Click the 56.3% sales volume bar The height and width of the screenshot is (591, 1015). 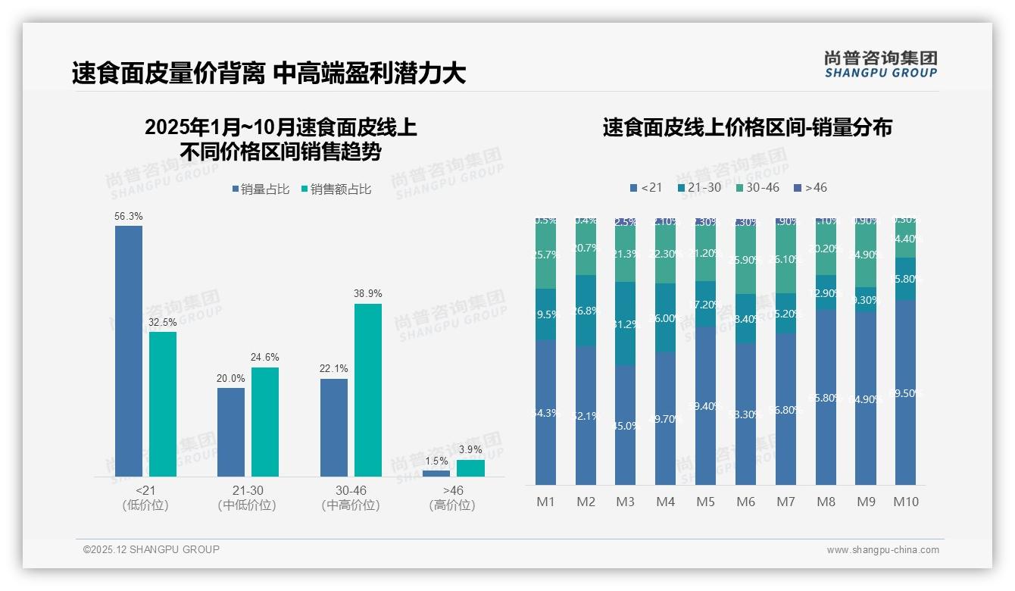(x=129, y=351)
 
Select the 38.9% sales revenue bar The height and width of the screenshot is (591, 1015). (x=368, y=390)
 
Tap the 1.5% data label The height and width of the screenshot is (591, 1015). (x=436, y=461)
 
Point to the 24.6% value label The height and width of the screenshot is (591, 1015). (x=265, y=358)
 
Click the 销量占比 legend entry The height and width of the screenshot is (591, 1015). (x=260, y=189)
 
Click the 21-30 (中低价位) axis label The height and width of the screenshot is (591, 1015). (x=247, y=498)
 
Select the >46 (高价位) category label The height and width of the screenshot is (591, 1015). (x=452, y=498)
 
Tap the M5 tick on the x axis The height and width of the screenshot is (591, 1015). (x=705, y=502)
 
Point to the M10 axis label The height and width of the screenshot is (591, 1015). (x=905, y=502)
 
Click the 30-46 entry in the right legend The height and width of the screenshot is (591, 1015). (x=757, y=187)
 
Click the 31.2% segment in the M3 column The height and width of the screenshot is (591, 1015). (x=626, y=324)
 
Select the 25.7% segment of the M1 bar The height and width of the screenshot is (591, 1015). (x=545, y=255)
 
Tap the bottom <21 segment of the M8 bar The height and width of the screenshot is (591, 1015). (x=826, y=397)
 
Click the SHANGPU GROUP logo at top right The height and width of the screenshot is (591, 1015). (x=880, y=64)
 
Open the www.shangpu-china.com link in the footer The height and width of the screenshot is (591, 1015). (x=882, y=550)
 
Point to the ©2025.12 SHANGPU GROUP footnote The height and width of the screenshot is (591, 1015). (x=151, y=549)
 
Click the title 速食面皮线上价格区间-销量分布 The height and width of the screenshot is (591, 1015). (x=747, y=127)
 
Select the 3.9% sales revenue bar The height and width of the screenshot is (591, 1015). (x=470, y=468)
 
